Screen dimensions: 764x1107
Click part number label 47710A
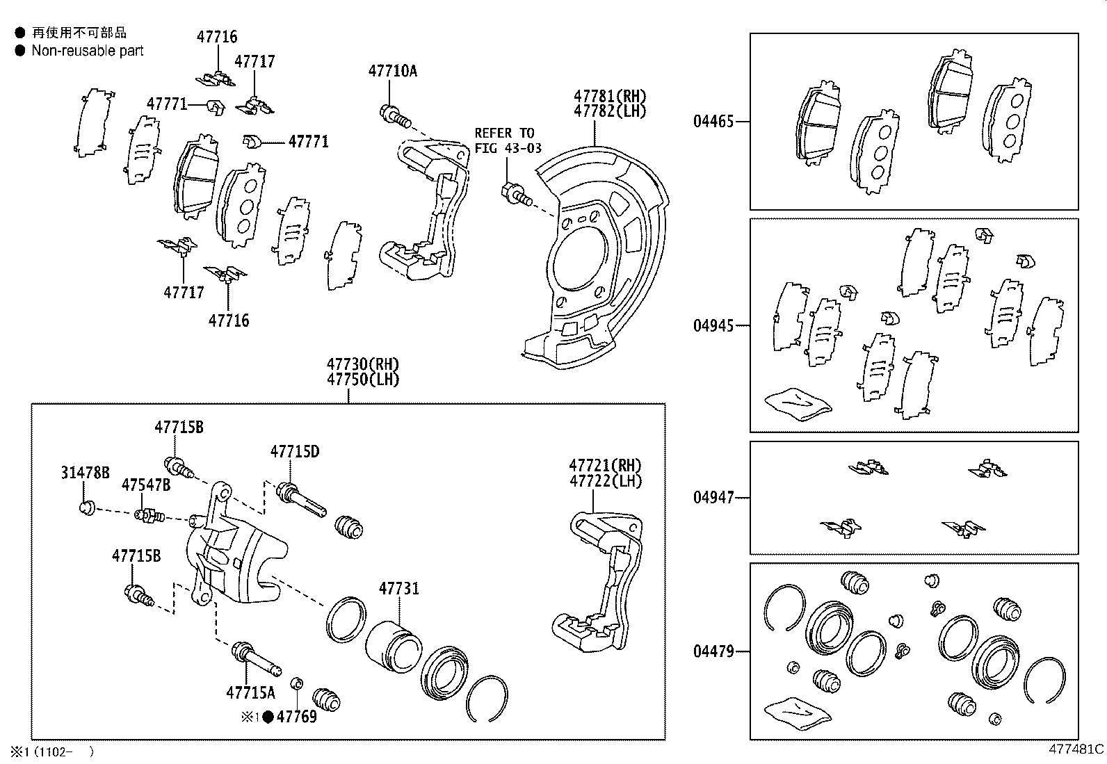392,71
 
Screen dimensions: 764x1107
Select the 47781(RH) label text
609,96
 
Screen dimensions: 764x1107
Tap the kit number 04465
713,122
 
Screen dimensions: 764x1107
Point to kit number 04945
713,325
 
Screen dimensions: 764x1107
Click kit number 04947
713,498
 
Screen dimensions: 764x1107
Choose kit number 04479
713,651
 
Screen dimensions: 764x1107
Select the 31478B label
85,473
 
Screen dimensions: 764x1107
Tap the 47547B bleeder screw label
145,485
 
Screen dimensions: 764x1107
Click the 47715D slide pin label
295,452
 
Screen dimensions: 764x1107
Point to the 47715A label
250,692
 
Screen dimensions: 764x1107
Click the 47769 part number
296,717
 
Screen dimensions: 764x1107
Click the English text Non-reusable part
88,51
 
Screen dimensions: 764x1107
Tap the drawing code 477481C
1076,749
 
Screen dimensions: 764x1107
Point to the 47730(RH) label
363,364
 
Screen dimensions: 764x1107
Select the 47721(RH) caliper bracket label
605,465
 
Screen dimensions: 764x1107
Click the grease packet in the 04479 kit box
797,712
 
